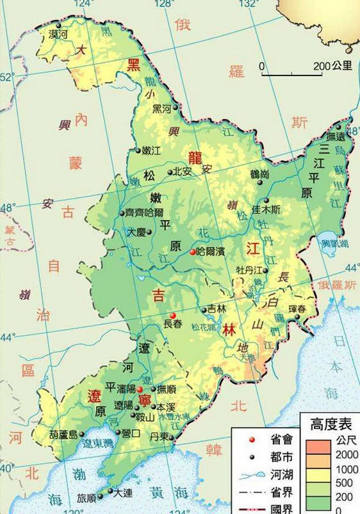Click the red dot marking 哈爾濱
click(x=192, y=252)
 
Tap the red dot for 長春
click(x=172, y=315)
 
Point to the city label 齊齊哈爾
click(x=146, y=213)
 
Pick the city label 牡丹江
click(x=249, y=270)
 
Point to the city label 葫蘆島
click(x=62, y=435)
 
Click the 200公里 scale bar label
click(x=332, y=66)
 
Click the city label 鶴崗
click(x=259, y=173)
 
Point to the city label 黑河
click(x=162, y=108)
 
